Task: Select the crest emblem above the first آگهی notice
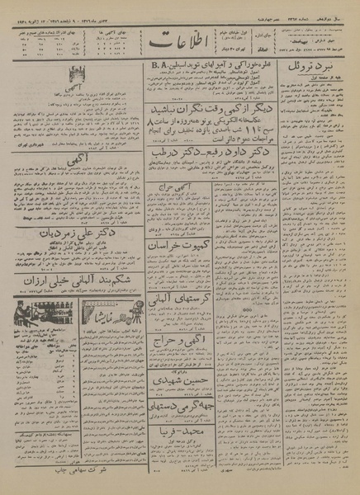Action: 79,73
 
